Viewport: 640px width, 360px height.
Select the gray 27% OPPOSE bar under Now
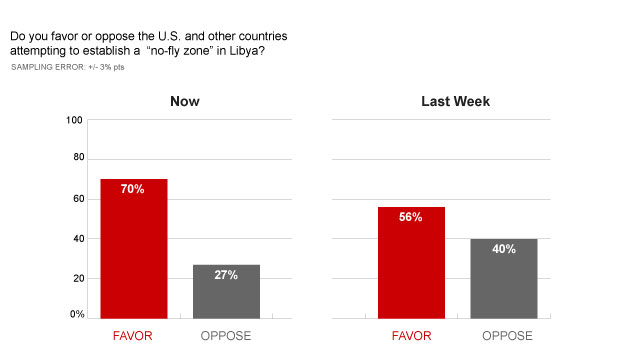(226, 295)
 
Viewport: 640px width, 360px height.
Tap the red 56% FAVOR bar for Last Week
(410, 265)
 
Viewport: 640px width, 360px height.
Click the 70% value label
(132, 189)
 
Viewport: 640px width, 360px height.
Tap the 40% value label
(503, 249)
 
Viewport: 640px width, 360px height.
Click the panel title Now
(184, 101)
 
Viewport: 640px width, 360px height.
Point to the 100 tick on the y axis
(74, 120)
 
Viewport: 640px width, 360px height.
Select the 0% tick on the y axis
(76, 314)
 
